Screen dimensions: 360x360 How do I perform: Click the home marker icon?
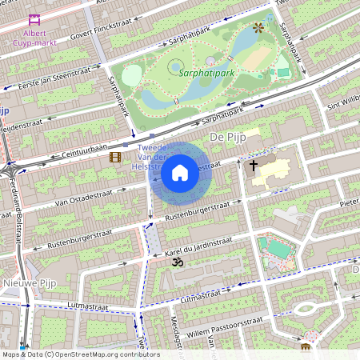tap(180, 172)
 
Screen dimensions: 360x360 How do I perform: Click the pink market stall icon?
tap(34, 20)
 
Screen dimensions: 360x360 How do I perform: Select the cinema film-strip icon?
tap(115, 157)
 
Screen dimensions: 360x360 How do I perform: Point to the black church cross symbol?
tap(254, 166)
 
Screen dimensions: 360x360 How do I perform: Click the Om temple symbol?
tap(178, 262)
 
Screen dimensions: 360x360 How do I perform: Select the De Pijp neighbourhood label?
tap(225, 138)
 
